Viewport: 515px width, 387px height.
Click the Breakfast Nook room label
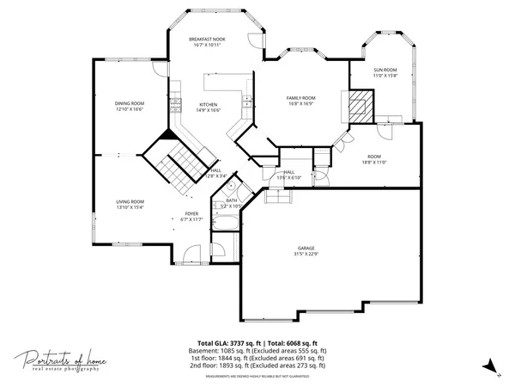pyautogui.click(x=207, y=39)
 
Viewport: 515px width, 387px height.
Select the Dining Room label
pyautogui.click(x=130, y=103)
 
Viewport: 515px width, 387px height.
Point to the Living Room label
pyautogui.click(x=130, y=201)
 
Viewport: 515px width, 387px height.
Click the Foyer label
pyautogui.click(x=191, y=213)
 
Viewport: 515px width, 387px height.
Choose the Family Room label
pyautogui.click(x=300, y=98)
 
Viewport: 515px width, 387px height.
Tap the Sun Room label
pyautogui.click(x=385, y=70)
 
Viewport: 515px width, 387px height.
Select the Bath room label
pyautogui.click(x=231, y=200)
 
